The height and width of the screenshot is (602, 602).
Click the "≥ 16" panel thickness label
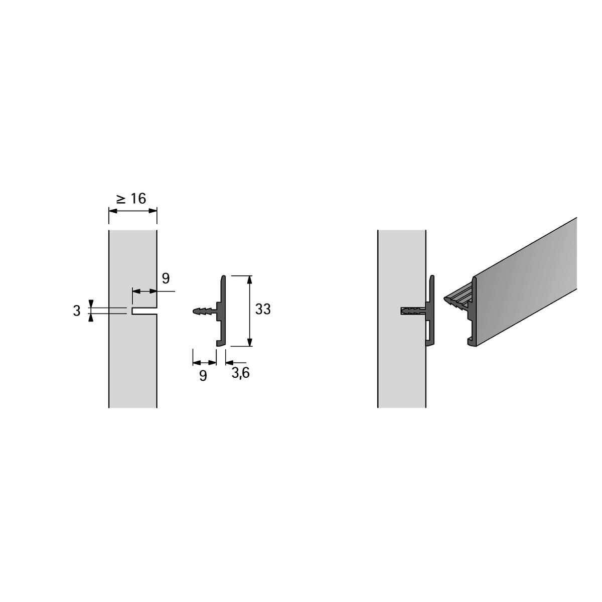(x=131, y=199)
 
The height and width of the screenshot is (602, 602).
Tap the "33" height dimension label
(x=263, y=310)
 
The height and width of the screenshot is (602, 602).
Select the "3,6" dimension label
(x=241, y=373)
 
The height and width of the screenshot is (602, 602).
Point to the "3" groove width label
(x=77, y=311)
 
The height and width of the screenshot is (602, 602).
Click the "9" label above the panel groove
(x=166, y=278)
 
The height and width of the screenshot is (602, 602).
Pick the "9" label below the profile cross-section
(x=203, y=376)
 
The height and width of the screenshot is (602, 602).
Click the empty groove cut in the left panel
(x=144, y=311)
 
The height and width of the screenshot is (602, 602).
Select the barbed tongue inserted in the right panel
(x=413, y=312)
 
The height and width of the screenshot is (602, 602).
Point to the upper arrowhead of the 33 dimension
(x=249, y=280)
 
